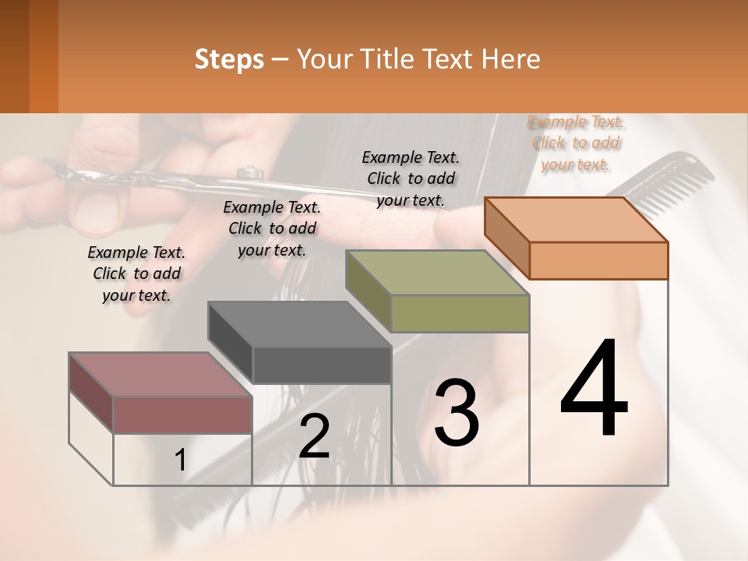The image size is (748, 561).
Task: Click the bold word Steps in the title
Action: coord(229,59)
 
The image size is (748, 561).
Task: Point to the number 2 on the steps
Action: coord(314,436)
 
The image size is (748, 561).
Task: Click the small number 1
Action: coord(180,460)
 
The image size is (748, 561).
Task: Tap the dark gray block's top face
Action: coord(299,324)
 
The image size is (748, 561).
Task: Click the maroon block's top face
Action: coord(161,375)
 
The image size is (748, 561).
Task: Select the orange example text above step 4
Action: coord(576,143)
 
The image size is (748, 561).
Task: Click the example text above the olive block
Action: coord(411,178)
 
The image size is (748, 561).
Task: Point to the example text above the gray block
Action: coord(272,228)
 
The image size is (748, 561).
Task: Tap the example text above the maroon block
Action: coord(136,273)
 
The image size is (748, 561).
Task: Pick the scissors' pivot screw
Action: coord(251,172)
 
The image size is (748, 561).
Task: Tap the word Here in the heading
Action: coord(512,59)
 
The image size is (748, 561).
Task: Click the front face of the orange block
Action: coord(598,260)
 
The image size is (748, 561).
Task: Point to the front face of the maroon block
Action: coord(182,415)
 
